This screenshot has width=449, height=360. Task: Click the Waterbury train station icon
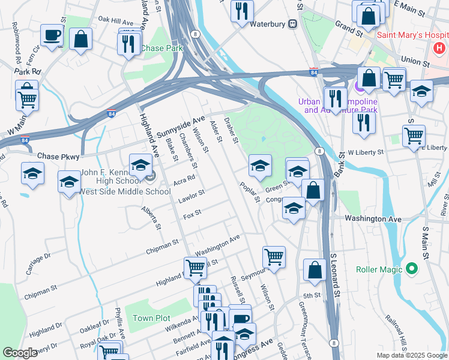pos(293,24)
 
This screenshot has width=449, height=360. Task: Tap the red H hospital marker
pos(440,46)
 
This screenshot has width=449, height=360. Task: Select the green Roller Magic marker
pos(411,269)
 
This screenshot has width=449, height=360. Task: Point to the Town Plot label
pos(148,318)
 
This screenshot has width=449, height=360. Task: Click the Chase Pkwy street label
pos(58,155)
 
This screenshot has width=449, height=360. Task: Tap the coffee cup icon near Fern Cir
pos(52,35)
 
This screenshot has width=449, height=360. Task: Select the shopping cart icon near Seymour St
pos(274,257)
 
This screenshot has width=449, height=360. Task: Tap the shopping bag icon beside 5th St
pos(315,270)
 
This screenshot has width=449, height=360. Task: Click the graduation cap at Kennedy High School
pos(140,164)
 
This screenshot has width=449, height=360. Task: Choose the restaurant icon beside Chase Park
pos(128,44)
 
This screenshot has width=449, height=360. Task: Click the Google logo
pos(20,353)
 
